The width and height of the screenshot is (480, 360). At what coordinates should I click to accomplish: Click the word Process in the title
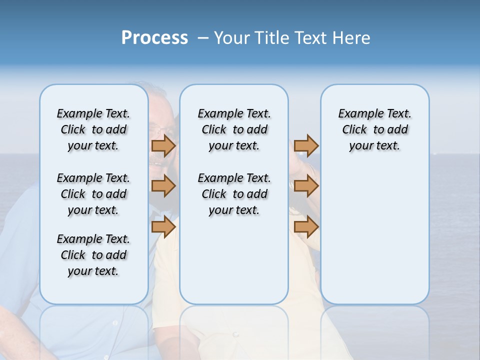click(154, 37)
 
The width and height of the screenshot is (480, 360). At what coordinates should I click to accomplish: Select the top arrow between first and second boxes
click(163, 146)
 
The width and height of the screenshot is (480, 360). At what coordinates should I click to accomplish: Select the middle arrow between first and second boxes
click(163, 186)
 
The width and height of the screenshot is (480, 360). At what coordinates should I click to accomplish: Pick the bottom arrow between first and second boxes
click(163, 227)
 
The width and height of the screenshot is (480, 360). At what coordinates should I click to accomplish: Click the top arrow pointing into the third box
click(306, 146)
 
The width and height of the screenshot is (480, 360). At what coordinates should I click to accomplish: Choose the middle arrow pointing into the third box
click(306, 186)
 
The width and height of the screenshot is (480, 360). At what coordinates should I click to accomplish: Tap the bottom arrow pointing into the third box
click(306, 227)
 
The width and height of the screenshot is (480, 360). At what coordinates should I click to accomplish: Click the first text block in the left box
click(93, 129)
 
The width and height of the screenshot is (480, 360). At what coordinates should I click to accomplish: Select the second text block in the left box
click(93, 194)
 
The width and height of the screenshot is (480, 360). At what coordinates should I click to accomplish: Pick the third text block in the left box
click(93, 255)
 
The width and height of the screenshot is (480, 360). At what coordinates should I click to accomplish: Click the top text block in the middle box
click(234, 129)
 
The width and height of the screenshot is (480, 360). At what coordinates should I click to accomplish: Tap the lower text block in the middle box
click(234, 194)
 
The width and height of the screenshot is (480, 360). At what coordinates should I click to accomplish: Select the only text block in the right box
click(374, 129)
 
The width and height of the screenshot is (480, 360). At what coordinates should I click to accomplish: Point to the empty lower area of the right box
click(374, 240)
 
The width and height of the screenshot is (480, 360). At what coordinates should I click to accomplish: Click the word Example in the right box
click(355, 114)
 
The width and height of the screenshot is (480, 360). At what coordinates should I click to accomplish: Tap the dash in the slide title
click(203, 38)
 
